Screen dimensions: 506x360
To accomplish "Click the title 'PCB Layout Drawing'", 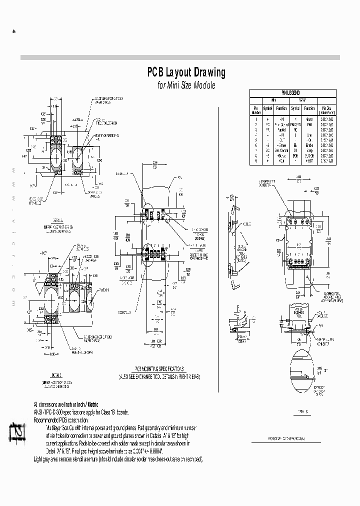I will point(186,72).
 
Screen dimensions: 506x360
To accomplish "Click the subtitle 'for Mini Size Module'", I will point(186,85).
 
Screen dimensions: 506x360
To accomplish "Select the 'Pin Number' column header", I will point(255,108).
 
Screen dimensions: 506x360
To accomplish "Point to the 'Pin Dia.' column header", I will point(327,108).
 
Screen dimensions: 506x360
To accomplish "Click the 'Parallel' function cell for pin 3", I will point(281,128).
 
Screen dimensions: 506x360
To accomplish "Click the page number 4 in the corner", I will point(14,31).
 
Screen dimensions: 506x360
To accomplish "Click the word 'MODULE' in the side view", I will point(246,225).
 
